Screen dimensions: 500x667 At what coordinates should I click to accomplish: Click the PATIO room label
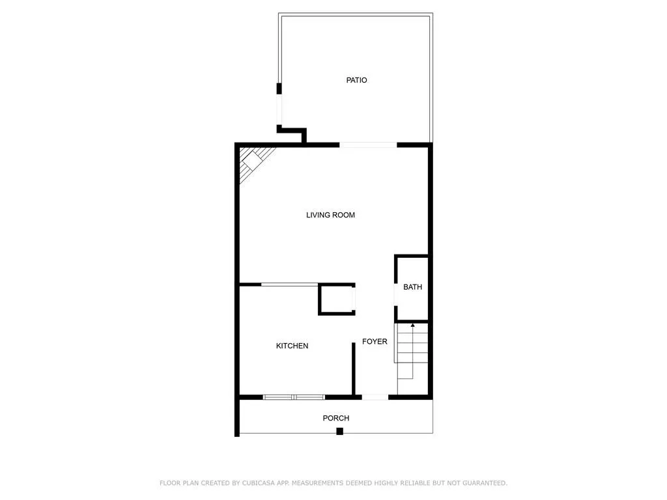click(x=356, y=80)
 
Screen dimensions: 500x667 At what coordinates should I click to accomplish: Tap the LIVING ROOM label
click(x=330, y=215)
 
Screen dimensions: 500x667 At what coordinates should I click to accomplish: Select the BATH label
click(x=412, y=287)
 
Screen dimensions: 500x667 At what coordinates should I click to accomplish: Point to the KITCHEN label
click(x=292, y=346)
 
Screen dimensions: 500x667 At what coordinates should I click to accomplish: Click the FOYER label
click(x=375, y=341)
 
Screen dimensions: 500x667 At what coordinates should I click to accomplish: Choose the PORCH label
click(x=336, y=418)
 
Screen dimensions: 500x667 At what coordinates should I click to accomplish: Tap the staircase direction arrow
click(x=412, y=325)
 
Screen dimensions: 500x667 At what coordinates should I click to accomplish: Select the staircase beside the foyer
click(x=412, y=355)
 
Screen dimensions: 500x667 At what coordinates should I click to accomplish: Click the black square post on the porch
click(x=339, y=431)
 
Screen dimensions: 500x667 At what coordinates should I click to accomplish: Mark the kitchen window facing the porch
click(x=294, y=396)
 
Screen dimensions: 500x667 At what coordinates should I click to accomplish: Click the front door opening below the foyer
click(x=375, y=396)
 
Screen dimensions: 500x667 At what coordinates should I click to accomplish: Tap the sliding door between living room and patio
click(x=368, y=145)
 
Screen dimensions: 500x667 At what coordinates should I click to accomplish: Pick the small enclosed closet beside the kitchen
click(x=337, y=299)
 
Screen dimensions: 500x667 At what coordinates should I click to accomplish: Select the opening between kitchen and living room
click(x=289, y=284)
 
